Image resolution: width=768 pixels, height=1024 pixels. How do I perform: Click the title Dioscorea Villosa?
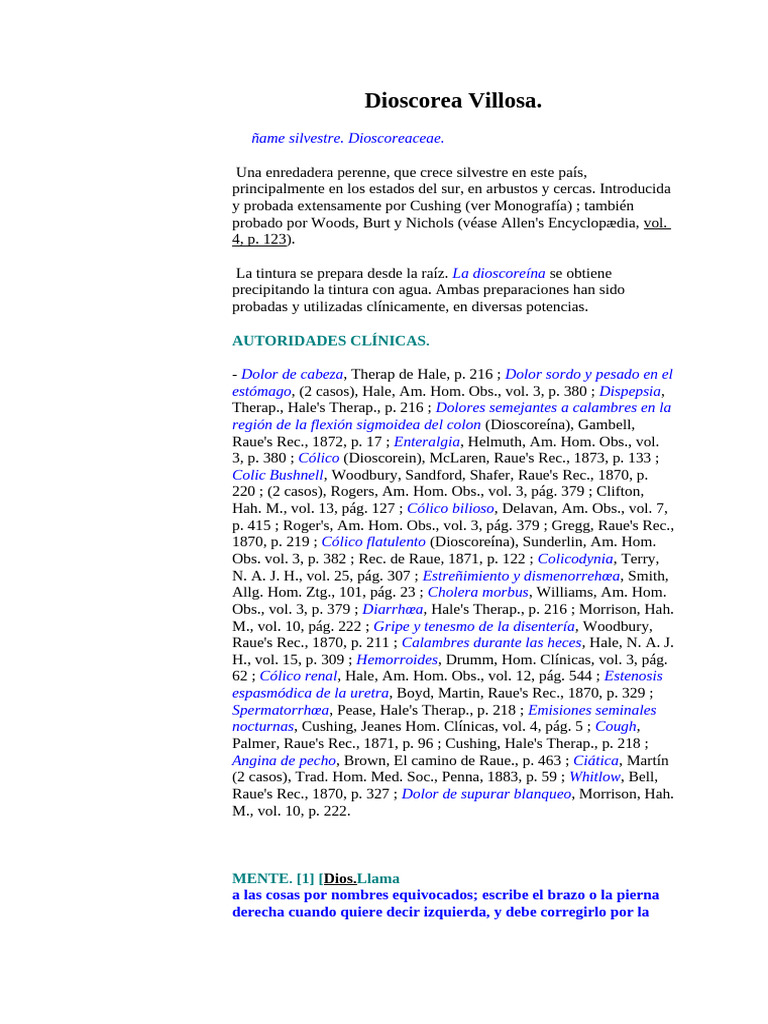(x=453, y=100)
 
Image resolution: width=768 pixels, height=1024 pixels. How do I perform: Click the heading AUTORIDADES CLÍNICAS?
(x=330, y=341)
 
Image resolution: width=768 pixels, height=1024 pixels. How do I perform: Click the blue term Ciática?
(x=596, y=760)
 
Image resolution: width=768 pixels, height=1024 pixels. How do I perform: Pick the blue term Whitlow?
(x=594, y=777)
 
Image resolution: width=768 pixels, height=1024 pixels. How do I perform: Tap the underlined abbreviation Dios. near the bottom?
(x=338, y=878)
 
